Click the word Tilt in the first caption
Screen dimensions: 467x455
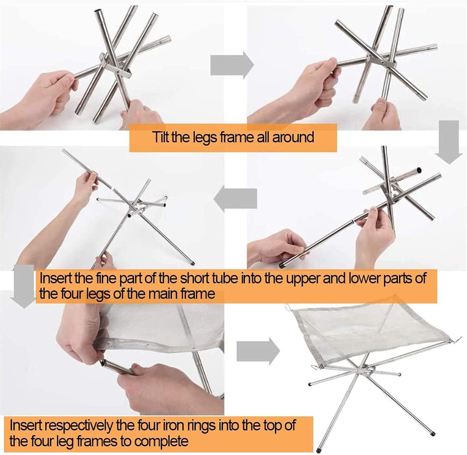[x=160, y=137]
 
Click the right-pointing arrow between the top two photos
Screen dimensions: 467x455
[x=232, y=65]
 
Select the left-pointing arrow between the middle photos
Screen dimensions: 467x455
[x=236, y=199]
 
